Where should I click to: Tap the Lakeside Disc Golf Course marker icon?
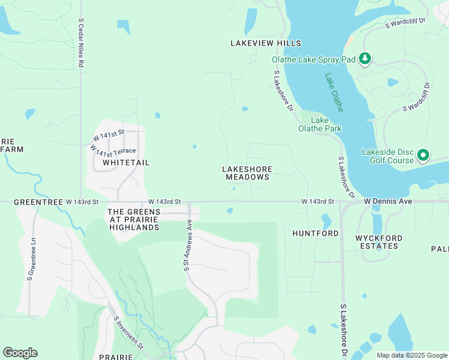click(423, 155)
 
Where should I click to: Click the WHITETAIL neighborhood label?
click(125, 163)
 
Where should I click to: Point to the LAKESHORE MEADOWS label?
click(247, 173)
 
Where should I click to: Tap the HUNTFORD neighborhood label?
click(316, 233)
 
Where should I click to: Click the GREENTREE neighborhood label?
click(38, 203)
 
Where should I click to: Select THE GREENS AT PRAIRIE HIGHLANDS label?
click(133, 220)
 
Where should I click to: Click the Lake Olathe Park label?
click(320, 124)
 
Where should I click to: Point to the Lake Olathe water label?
click(334, 92)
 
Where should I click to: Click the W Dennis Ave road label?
click(388, 202)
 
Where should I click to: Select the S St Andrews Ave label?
click(188, 244)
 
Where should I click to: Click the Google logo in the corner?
click(20, 353)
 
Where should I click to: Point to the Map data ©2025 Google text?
click(411, 355)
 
